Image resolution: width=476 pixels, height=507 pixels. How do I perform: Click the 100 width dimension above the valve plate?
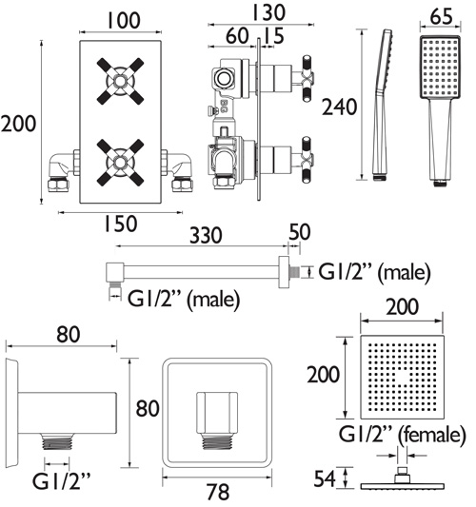[124, 20]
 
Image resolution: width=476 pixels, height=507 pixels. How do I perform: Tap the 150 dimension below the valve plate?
[120, 224]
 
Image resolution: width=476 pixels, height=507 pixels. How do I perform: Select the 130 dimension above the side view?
[268, 12]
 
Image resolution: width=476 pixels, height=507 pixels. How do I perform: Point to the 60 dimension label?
[237, 35]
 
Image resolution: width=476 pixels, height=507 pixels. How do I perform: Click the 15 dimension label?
[272, 35]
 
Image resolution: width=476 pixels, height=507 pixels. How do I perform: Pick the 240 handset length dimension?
[339, 107]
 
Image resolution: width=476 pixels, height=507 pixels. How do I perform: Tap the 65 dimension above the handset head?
[441, 17]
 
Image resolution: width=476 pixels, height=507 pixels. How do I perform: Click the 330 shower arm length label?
[206, 235]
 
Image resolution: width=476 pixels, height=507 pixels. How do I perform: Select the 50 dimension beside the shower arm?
[300, 232]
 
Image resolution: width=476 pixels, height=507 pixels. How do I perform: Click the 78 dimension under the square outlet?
[219, 492]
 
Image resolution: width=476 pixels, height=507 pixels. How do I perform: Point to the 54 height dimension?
[325, 478]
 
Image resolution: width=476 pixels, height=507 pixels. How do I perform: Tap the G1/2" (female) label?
[403, 435]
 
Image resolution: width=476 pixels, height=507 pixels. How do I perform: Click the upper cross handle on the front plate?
[120, 81]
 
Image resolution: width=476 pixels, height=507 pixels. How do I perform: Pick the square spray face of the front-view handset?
[441, 68]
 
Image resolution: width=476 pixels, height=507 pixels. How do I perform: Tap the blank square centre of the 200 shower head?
[403, 378]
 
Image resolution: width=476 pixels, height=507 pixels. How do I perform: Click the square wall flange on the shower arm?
[284, 272]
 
